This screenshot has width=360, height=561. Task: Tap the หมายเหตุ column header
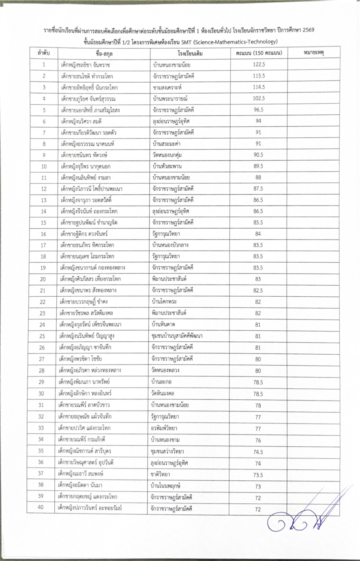pyautogui.click(x=313, y=53)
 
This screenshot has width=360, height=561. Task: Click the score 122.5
pyautogui.click(x=258, y=64)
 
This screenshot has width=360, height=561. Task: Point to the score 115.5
pyautogui.click(x=258, y=76)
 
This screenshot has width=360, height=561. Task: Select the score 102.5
pyautogui.click(x=258, y=98)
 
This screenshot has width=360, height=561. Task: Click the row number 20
pyautogui.click(x=43, y=279)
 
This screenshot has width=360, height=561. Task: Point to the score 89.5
pyautogui.click(x=258, y=166)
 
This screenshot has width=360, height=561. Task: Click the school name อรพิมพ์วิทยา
pyautogui.click(x=164, y=428)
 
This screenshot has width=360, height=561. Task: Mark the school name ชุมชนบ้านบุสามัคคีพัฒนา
pyautogui.click(x=177, y=336)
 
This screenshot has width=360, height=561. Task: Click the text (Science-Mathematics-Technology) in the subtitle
pyautogui.click(x=235, y=41)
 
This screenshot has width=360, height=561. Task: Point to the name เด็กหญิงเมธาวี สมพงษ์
pyautogui.click(x=84, y=473)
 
